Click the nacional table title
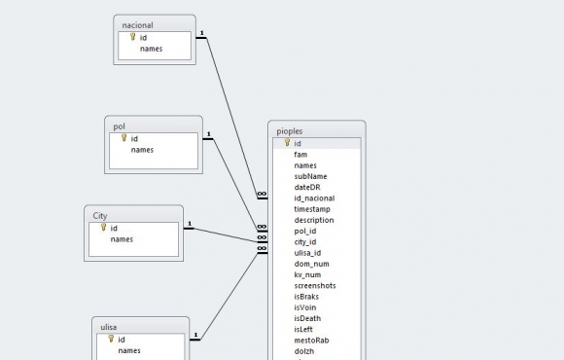(137, 25)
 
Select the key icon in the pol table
(123, 138)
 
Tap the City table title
(100, 216)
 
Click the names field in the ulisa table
(129, 350)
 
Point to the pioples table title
(290, 131)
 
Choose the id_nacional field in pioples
(314, 198)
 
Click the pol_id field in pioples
(305, 232)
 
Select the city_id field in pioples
(305, 242)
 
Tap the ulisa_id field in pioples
(307, 253)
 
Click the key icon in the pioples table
(287, 143)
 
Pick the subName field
(310, 176)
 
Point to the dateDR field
(307, 187)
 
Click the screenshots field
(315, 286)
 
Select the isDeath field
(307, 318)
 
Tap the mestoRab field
(311, 341)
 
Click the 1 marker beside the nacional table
(202, 33)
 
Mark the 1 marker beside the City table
(190, 224)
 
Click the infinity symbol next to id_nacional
(262, 194)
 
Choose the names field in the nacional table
(151, 49)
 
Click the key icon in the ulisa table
(111, 339)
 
